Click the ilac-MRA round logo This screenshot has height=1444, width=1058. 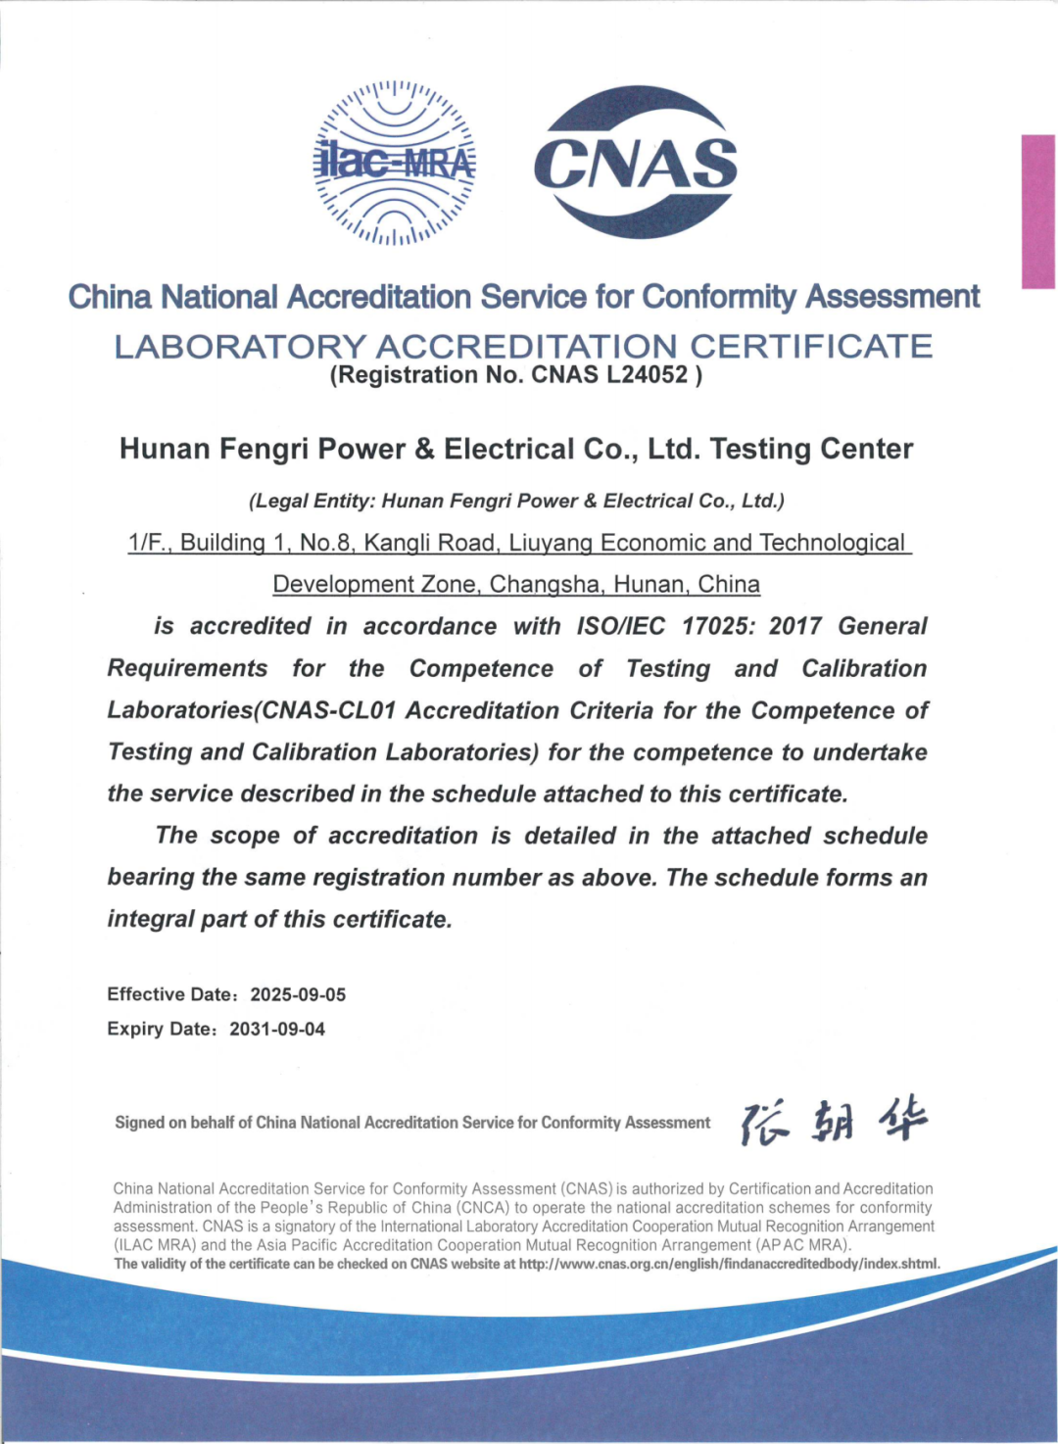pos(395,163)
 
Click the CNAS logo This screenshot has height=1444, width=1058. pos(636,163)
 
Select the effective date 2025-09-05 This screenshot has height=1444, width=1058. pos(298,994)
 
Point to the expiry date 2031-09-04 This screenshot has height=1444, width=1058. pos(277,1030)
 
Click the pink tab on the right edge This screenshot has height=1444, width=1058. pos(1037,212)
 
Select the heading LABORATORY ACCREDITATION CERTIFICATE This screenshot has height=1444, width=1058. pos(523,346)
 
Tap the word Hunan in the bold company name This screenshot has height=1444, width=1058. pos(165,450)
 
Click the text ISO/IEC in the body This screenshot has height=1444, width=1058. pos(620,627)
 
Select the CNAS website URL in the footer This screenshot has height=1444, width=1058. pos(729,1264)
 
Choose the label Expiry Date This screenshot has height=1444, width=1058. pos(159,1030)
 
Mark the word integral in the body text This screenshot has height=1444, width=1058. pos(151,920)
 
